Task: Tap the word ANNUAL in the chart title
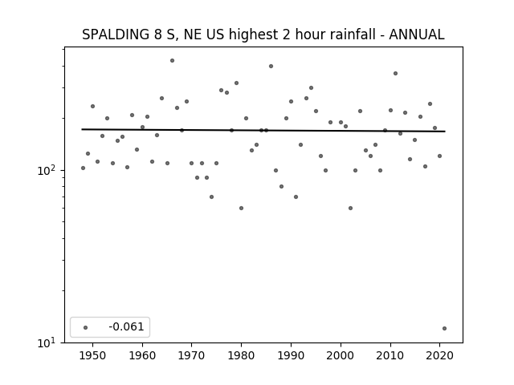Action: click(417, 34)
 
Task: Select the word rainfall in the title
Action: click(353, 34)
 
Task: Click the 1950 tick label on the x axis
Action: click(93, 355)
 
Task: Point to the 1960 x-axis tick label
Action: click(142, 355)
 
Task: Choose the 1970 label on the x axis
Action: click(192, 355)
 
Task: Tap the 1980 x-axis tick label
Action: click(241, 355)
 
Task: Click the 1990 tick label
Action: click(291, 355)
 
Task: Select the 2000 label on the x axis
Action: click(341, 355)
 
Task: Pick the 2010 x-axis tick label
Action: click(390, 355)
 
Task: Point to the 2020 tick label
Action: click(439, 355)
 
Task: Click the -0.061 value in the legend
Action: click(126, 326)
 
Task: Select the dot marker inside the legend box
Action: click(86, 327)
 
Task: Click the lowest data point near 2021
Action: click(444, 328)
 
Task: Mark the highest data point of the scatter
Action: click(172, 61)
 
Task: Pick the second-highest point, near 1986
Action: click(271, 66)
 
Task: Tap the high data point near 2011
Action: click(396, 73)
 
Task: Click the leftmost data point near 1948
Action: click(83, 168)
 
